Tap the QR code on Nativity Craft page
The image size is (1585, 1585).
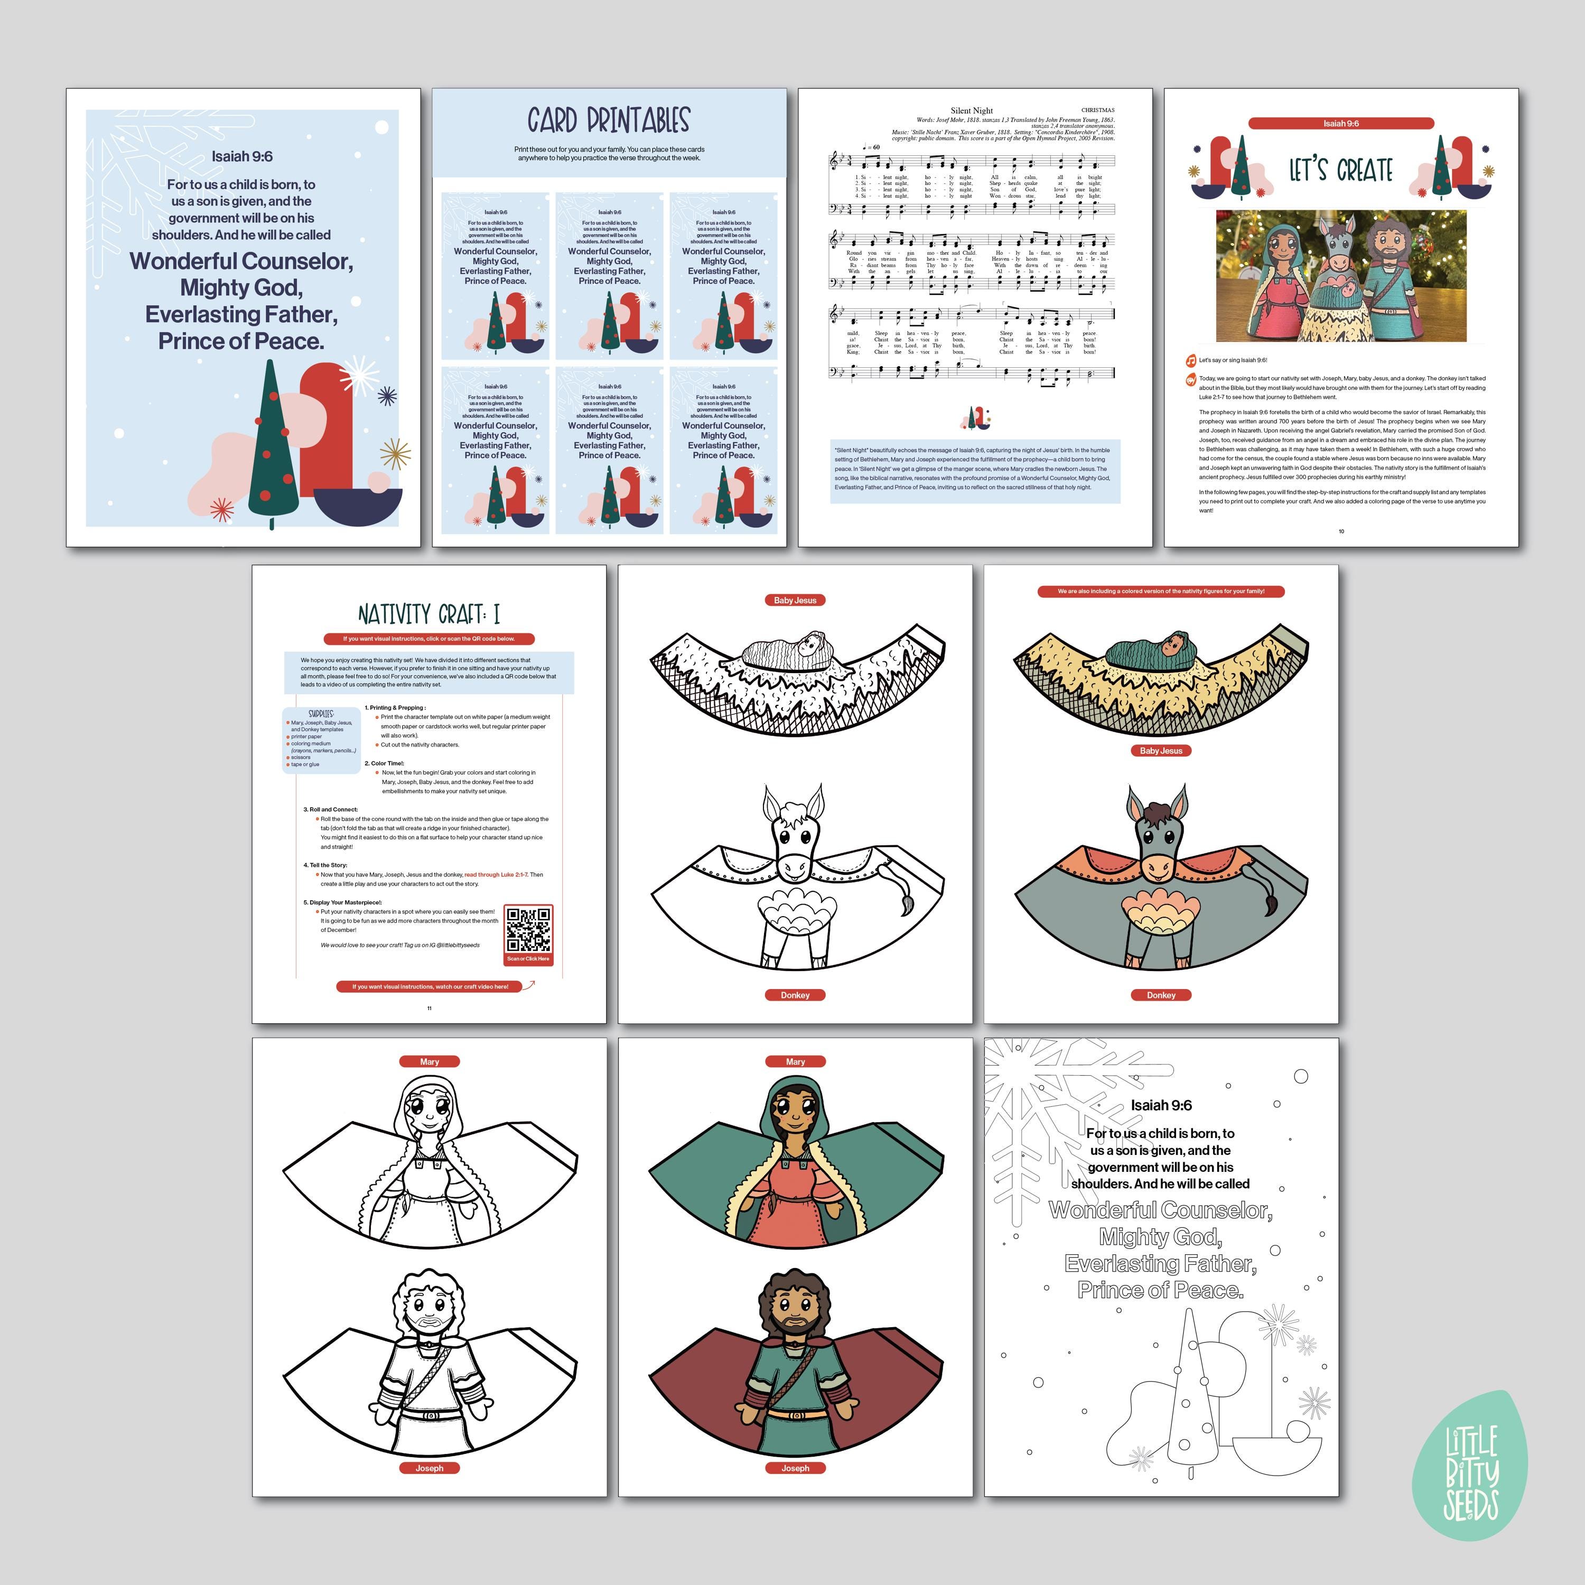pyautogui.click(x=528, y=930)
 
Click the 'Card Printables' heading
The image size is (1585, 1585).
pyautogui.click(x=609, y=120)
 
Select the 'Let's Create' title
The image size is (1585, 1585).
pyautogui.click(x=1340, y=171)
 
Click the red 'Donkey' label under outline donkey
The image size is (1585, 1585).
pyautogui.click(x=795, y=995)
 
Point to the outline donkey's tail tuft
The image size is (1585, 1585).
pyautogui.click(x=907, y=905)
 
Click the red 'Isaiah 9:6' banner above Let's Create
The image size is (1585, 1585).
pyautogui.click(x=1340, y=124)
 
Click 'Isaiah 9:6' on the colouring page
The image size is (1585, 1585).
pyautogui.click(x=1161, y=1105)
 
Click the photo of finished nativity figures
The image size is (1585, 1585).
pyautogui.click(x=1340, y=276)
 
